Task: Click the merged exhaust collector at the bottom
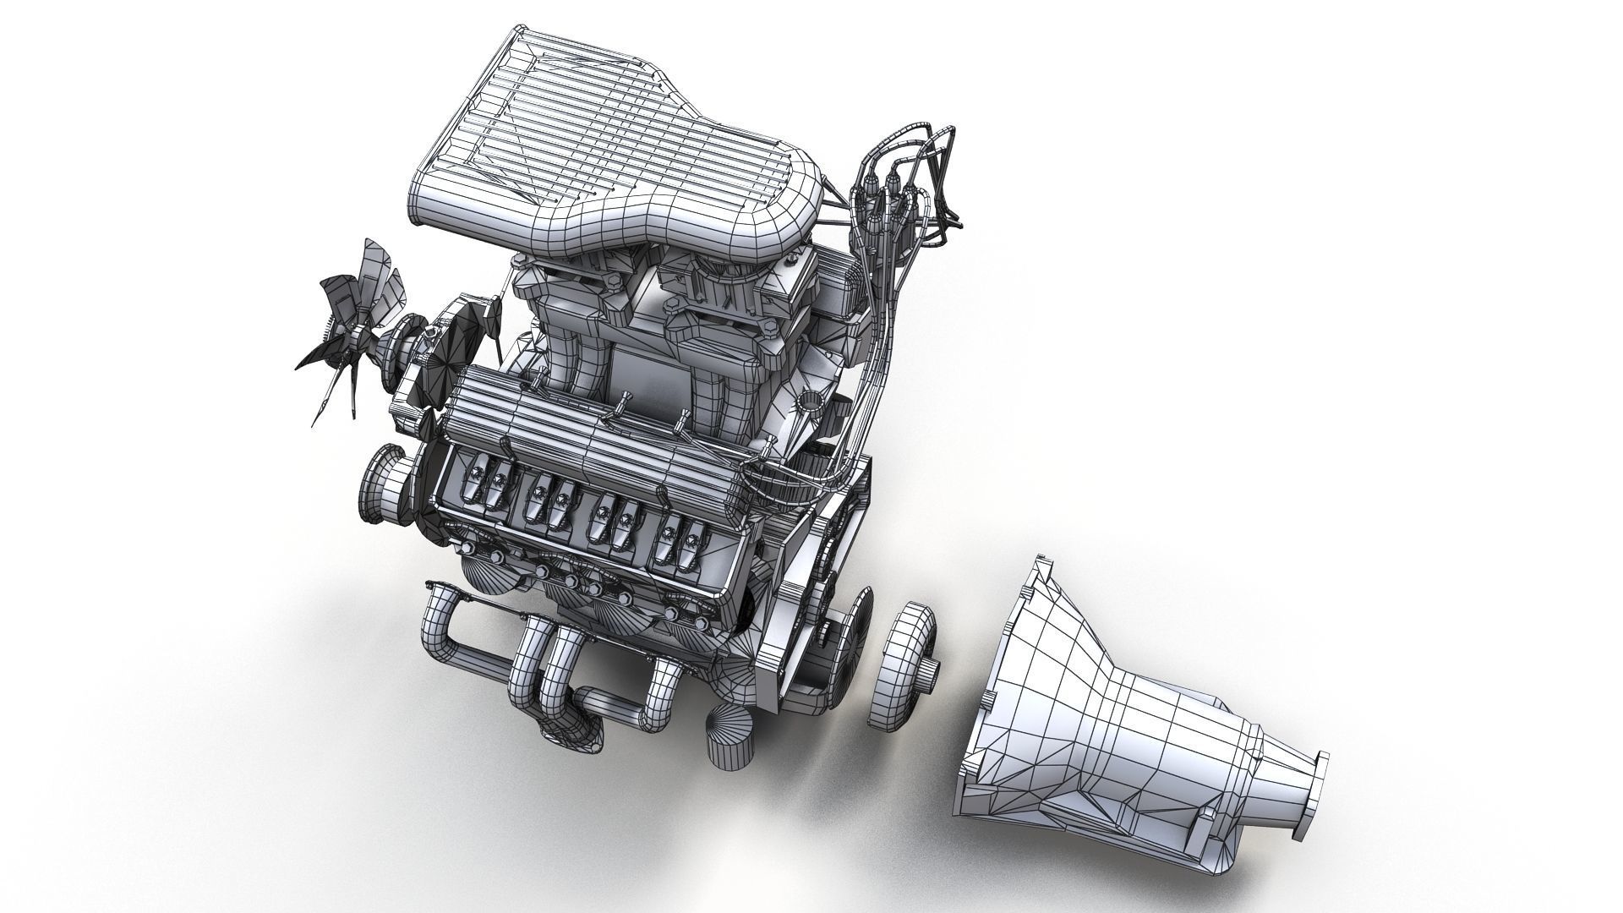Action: [583, 735]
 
